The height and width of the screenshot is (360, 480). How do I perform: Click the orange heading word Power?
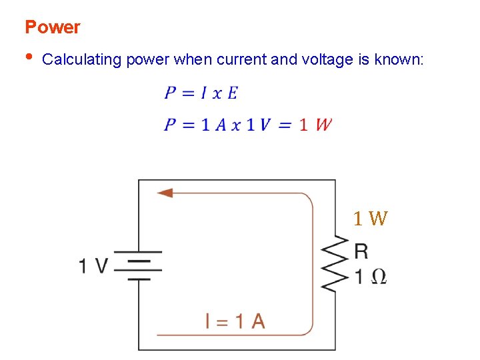(x=52, y=27)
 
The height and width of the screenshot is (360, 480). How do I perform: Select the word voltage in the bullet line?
(x=327, y=60)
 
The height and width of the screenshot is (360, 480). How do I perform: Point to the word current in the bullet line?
(x=241, y=60)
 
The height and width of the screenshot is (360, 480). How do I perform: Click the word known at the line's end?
(x=398, y=60)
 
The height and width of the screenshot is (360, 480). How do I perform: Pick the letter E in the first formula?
(x=232, y=93)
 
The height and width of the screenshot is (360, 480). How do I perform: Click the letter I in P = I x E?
(x=203, y=93)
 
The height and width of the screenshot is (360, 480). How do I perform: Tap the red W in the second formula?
(x=323, y=125)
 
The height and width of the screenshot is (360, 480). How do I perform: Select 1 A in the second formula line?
(x=212, y=125)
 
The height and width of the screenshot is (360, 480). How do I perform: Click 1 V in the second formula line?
(x=259, y=125)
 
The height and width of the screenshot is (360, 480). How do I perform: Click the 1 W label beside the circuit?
(x=370, y=218)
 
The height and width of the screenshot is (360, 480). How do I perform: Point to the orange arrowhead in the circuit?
(x=164, y=193)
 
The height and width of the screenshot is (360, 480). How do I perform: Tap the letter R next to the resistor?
(x=361, y=251)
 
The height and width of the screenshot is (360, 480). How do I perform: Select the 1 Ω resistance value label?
(x=370, y=277)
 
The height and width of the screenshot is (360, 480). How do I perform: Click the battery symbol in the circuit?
(x=137, y=265)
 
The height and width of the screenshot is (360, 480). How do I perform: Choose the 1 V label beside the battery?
(x=93, y=266)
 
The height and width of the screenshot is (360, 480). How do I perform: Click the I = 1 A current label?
(x=235, y=321)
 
